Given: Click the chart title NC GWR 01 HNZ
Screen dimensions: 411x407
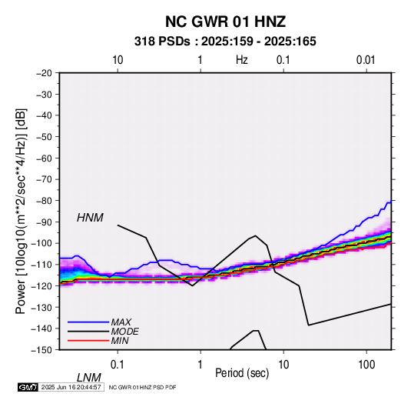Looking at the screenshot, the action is [225, 22].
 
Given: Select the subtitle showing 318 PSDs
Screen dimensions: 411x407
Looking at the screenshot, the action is [225, 42].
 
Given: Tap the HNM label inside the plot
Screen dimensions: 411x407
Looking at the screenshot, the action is [90, 218].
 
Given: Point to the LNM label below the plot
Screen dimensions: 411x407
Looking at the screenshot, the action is [88, 378].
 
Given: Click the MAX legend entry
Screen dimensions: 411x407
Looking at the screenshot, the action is [121, 322].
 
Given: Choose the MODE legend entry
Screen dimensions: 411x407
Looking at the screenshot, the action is [124, 332].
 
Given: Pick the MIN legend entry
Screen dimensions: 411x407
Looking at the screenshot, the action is [120, 341].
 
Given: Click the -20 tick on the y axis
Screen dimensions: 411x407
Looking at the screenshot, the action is [44, 73].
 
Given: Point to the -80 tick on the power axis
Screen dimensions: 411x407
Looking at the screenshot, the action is [44, 201].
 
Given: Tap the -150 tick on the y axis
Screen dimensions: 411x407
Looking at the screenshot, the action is [41, 350].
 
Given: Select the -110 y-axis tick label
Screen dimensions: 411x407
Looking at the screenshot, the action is [41, 265].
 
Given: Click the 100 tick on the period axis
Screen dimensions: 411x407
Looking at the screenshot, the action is [366, 365].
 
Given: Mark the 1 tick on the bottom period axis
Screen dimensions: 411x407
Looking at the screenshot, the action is [201, 365].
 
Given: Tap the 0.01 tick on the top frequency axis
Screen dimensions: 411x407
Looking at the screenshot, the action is [366, 60].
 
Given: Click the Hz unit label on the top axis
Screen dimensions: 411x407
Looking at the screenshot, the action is [242, 60].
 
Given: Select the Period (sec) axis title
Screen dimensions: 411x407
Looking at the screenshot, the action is [242, 373].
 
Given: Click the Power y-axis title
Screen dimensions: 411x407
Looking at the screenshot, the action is [21, 212].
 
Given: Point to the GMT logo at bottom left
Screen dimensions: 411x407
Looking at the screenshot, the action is [28, 387].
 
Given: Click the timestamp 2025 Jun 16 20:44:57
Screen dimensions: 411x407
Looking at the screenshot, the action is [71, 387].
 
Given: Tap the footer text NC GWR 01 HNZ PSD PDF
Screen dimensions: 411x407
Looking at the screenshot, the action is [142, 388].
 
